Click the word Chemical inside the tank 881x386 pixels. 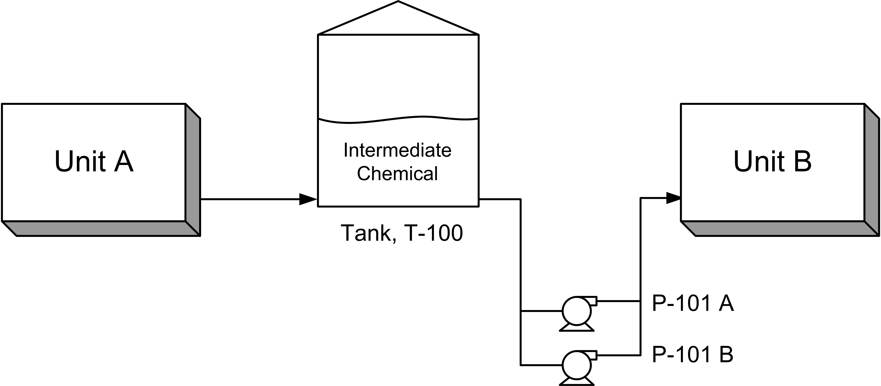coord(397,173)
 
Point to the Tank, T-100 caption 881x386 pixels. coord(402,233)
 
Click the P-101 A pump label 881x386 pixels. coord(693,303)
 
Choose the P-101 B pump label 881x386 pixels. coord(693,354)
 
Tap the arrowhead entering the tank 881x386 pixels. coord(308,199)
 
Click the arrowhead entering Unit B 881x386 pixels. coord(673,198)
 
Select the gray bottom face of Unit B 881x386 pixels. coord(780,228)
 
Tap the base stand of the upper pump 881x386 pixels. coord(577,328)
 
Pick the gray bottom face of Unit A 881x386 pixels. coord(101,228)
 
